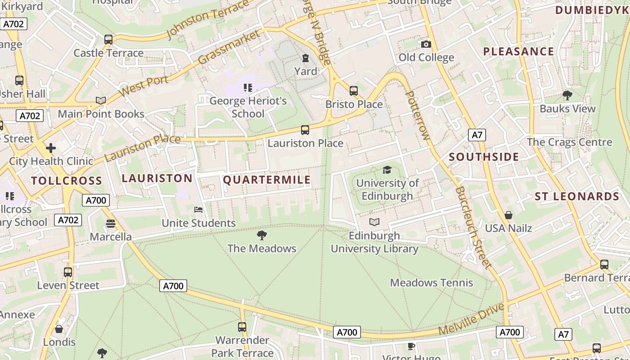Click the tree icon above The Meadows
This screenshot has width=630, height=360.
[x=261, y=235]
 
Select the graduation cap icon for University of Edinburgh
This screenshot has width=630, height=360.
[x=387, y=170]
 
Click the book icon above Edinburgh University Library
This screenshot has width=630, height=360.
[x=374, y=222]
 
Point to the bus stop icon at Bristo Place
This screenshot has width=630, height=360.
[x=354, y=91]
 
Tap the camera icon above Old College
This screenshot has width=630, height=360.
[x=426, y=44]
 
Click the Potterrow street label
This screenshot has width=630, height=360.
[x=417, y=115]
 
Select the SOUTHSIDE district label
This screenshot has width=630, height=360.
[x=484, y=157]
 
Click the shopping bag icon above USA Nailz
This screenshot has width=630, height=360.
[x=508, y=215]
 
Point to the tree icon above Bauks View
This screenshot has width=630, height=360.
[x=567, y=95]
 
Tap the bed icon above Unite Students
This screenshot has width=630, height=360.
[x=198, y=210]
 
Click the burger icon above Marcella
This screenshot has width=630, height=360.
[x=111, y=223]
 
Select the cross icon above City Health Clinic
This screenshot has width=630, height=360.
[x=51, y=148]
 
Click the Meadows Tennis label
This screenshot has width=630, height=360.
[x=431, y=283]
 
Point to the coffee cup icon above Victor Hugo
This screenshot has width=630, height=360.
[x=411, y=346]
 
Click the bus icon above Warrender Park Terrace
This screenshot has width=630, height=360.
[x=242, y=327]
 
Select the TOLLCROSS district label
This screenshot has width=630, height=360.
[x=67, y=181]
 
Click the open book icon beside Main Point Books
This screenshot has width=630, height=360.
[x=101, y=100]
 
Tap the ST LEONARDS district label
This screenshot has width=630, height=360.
[x=577, y=197]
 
